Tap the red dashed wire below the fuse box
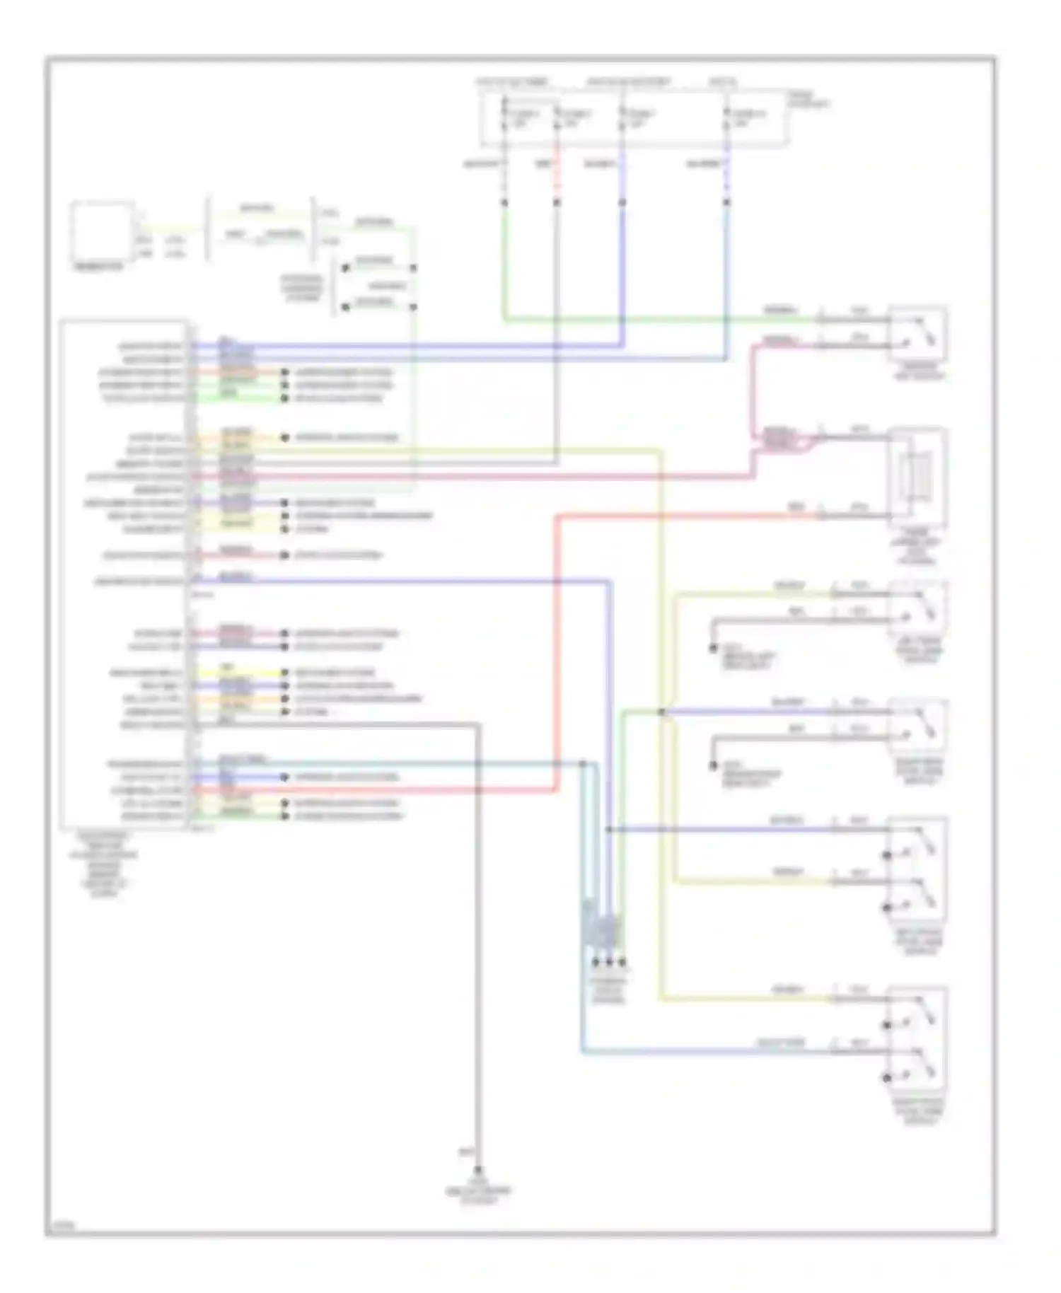(557, 177)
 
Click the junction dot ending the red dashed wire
(557, 203)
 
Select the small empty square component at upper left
(102, 231)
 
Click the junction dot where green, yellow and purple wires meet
(662, 712)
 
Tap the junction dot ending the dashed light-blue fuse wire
(726, 203)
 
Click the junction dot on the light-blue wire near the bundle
(584, 764)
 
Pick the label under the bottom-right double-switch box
(917, 1123)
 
